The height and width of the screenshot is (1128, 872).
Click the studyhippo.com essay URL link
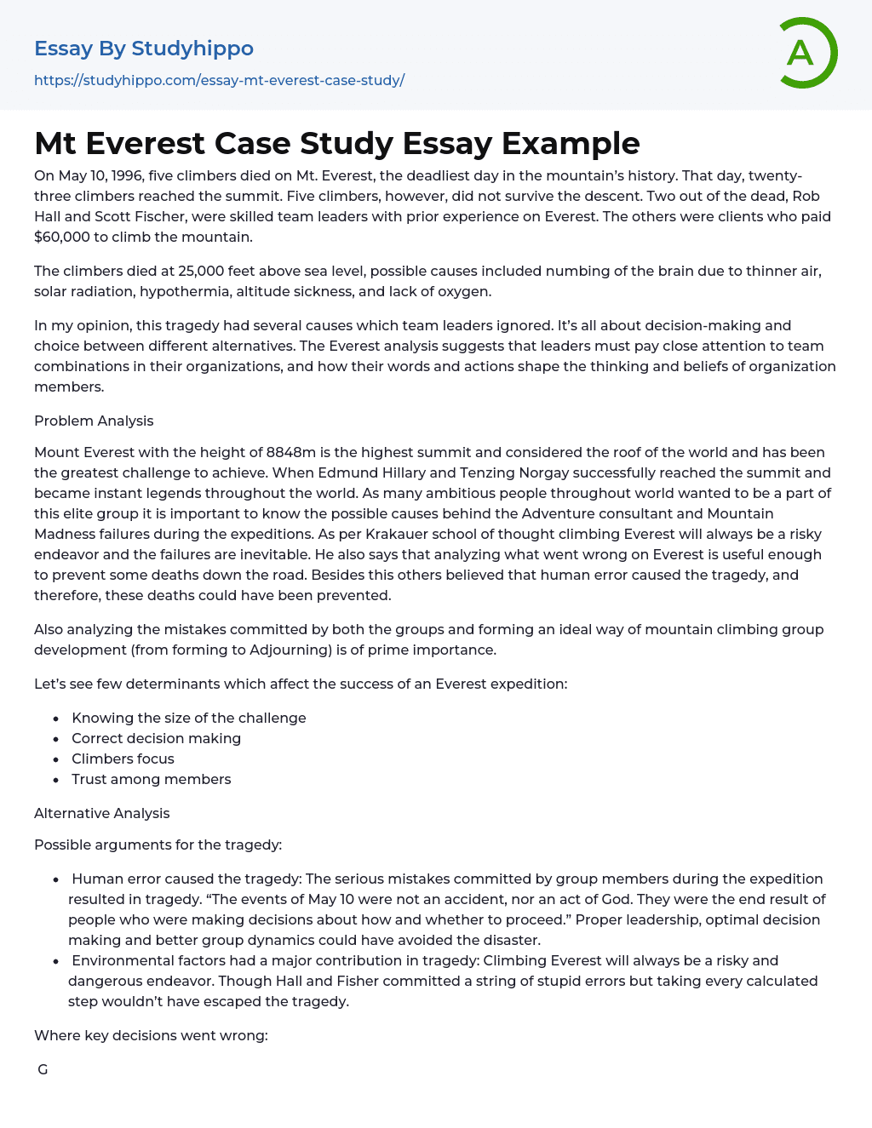click(219, 80)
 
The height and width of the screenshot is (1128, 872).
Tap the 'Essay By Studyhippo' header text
click(144, 49)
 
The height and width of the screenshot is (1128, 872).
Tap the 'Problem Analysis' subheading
click(94, 421)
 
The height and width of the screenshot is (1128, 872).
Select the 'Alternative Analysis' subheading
click(101, 813)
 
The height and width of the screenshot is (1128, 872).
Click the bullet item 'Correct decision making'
click(156, 738)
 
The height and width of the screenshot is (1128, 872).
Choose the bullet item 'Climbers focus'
click(123, 759)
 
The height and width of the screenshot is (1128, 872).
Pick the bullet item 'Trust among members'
click(151, 779)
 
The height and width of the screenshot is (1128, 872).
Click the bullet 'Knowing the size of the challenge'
click(188, 718)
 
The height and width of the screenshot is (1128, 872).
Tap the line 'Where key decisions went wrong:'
click(151, 1035)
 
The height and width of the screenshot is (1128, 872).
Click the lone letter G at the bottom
click(43, 1069)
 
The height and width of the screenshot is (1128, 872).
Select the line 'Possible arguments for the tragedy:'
click(158, 845)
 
